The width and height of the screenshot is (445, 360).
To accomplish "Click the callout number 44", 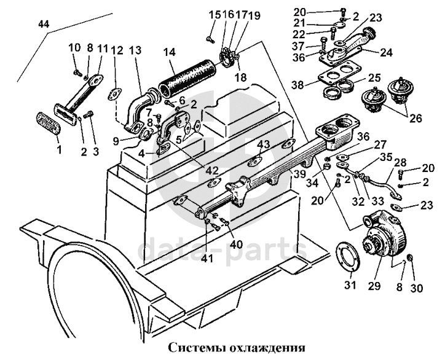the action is point(44,25).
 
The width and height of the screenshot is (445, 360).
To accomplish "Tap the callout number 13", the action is point(136,51).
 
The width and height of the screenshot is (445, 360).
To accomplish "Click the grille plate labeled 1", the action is point(48,123).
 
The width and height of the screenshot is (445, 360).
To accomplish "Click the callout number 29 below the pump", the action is point(374,286).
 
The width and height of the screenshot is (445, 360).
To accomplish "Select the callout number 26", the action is point(416,119).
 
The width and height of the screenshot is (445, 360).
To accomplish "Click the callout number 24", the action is point(387,52).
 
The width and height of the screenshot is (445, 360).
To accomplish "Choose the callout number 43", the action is point(264,145).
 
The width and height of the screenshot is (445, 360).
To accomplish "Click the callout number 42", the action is point(212,171).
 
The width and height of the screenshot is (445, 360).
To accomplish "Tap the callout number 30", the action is point(416,288).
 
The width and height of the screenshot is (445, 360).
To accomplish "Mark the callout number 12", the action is point(117,50).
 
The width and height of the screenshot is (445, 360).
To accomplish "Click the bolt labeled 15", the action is point(210,39).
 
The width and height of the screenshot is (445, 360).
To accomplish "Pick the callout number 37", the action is point(298,45).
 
